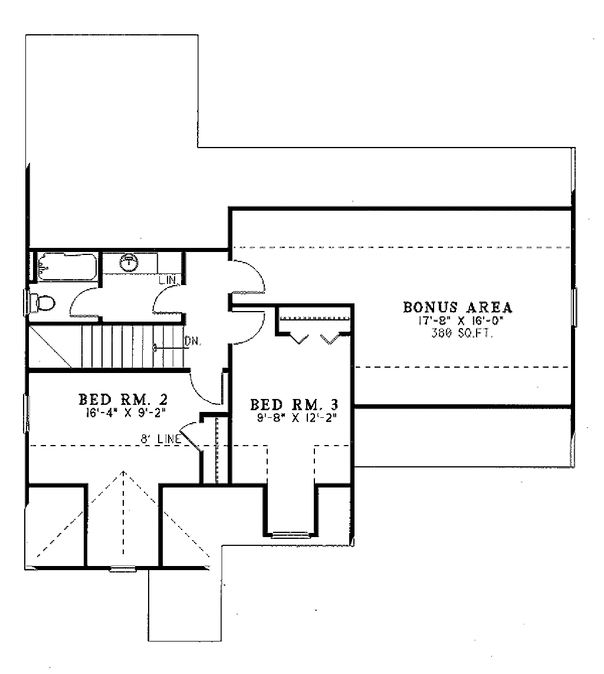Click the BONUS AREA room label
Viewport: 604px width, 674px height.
pos(458,307)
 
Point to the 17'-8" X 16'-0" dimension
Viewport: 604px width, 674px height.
pos(458,321)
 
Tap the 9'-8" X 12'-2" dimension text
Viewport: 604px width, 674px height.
pos(294,417)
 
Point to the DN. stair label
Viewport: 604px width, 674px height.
pos(191,341)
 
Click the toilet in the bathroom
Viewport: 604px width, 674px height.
pos(42,303)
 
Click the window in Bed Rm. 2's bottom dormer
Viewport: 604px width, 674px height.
pos(123,569)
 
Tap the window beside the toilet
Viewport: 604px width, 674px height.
pos(25,302)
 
